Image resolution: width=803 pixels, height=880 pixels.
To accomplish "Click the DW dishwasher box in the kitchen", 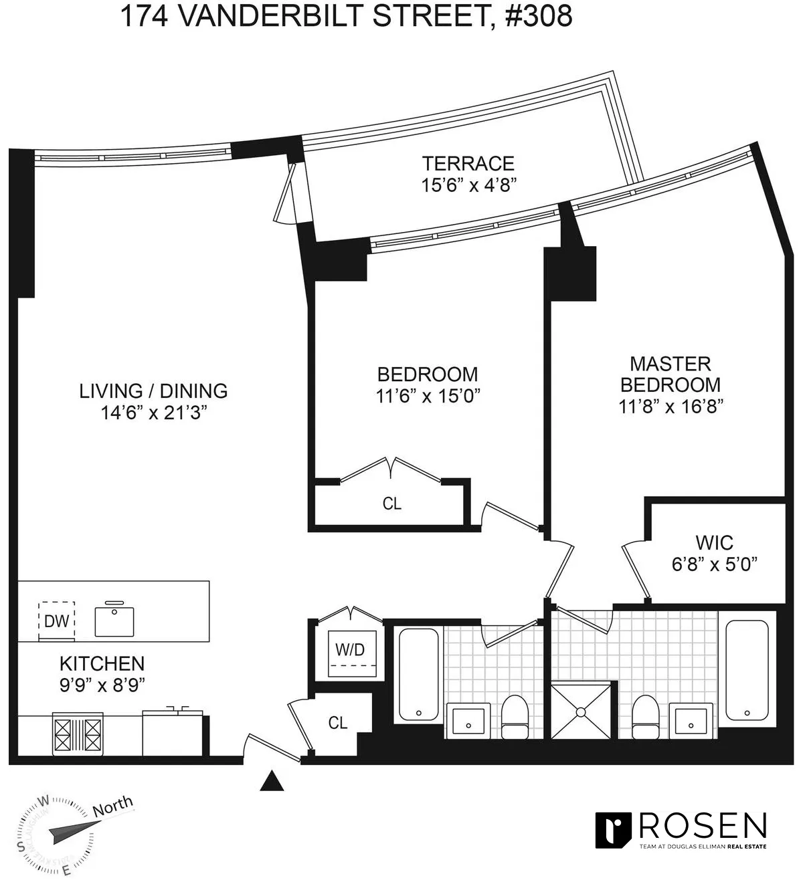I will point(57,621).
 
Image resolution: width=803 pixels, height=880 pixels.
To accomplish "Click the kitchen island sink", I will point(114,619).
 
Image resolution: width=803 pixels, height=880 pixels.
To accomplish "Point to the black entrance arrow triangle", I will point(271,781).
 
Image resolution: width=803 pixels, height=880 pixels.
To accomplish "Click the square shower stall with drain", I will point(581,710).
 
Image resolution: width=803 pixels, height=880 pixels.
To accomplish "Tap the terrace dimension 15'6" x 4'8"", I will point(468,185).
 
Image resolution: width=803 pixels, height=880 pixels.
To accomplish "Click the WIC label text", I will point(714,542).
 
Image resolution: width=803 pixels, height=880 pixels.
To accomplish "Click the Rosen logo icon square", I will point(614,831).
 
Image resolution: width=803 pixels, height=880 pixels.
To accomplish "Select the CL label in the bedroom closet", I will point(392,504).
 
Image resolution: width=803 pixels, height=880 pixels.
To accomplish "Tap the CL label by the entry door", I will point(338,723).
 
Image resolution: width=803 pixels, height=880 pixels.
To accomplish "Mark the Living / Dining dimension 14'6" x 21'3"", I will point(153,413).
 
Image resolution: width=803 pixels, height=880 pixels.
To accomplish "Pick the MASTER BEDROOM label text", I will point(671,374).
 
